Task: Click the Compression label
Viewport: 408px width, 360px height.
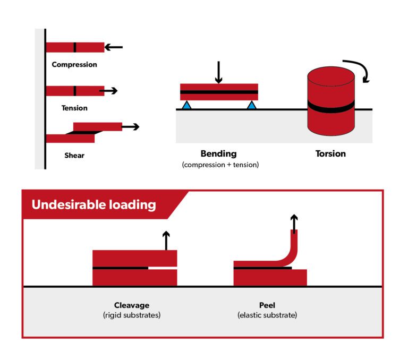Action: [74, 65]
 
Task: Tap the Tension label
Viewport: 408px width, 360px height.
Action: [74, 108]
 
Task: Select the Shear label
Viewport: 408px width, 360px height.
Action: [75, 156]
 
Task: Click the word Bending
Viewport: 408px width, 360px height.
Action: [218, 154]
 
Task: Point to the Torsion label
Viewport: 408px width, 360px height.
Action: [330, 154]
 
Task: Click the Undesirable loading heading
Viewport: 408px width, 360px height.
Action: [94, 205]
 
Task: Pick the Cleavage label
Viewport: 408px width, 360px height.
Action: [132, 305]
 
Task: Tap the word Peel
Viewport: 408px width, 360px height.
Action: [267, 305]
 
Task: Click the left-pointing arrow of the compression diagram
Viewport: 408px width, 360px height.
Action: [113, 47]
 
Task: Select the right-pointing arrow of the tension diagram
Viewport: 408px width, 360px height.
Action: [109, 91]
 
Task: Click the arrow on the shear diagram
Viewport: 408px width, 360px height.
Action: [131, 126]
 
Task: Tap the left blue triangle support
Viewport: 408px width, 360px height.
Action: [186, 106]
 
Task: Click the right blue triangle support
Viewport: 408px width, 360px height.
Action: [252, 106]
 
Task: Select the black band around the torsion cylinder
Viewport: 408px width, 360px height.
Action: [330, 107]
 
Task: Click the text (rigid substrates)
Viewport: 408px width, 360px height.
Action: [132, 315]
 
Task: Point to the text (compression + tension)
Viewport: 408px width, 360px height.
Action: [220, 165]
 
